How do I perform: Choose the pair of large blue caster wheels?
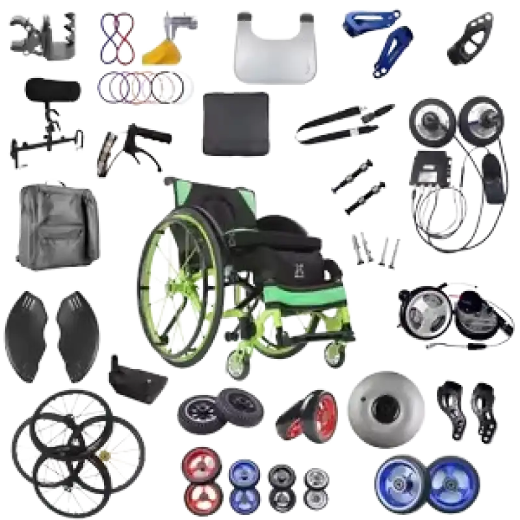click(427, 482)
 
